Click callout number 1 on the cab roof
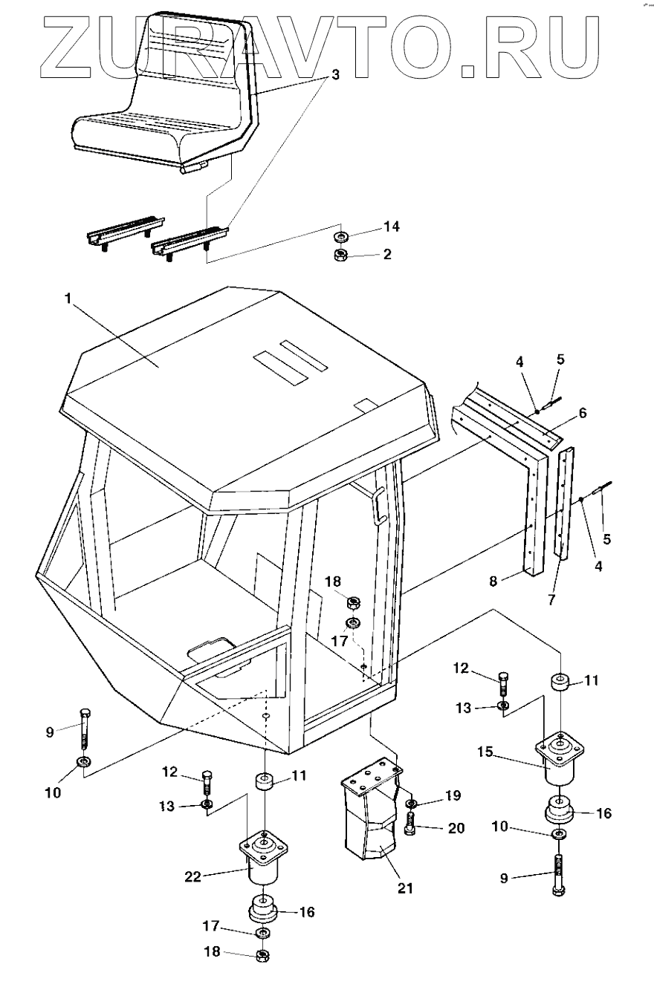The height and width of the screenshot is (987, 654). [x=68, y=298]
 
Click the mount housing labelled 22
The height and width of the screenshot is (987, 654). [x=264, y=861]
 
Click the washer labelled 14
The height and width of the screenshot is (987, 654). [x=340, y=237]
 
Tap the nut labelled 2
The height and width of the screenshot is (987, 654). [x=340, y=255]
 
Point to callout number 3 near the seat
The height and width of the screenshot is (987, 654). [x=336, y=75]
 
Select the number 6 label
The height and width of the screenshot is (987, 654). [x=583, y=413]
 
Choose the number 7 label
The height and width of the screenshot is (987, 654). [x=551, y=600]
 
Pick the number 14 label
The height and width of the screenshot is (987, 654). [x=391, y=225]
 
